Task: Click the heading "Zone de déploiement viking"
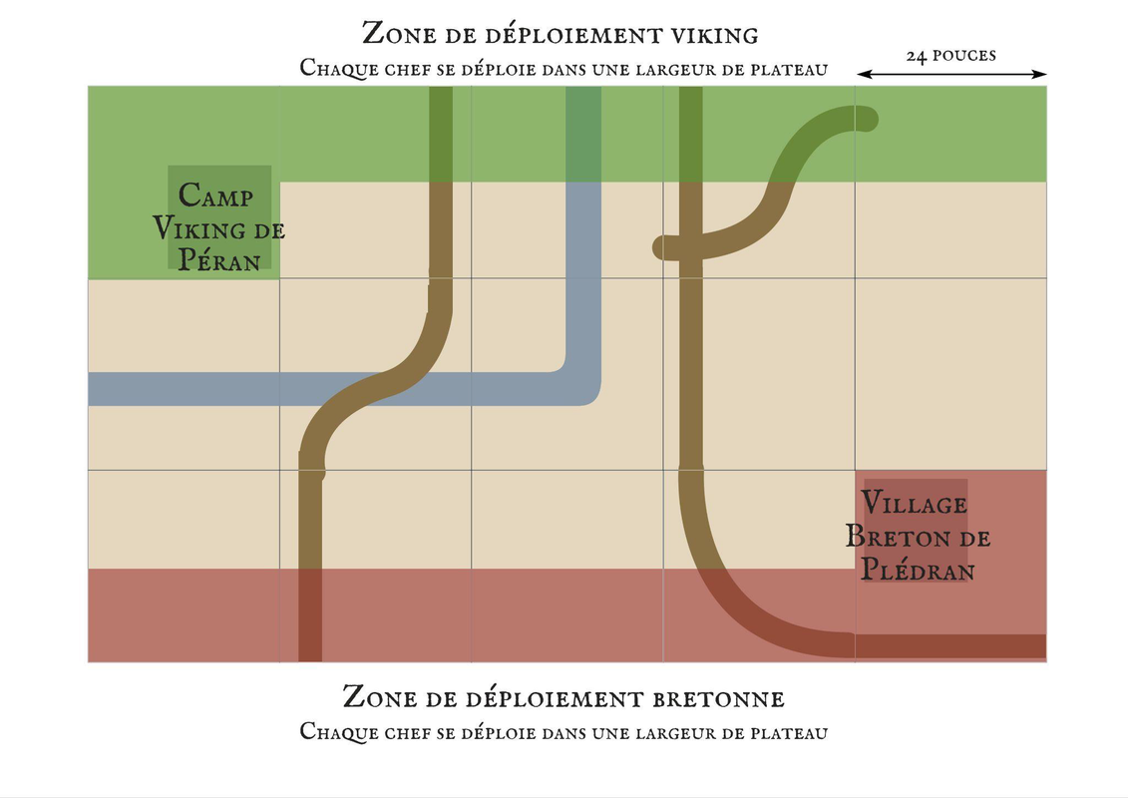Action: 561,34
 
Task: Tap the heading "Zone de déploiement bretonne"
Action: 564,696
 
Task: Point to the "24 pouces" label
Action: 950,56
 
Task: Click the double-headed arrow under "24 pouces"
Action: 951,74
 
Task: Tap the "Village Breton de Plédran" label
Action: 918,536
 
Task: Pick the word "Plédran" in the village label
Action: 918,571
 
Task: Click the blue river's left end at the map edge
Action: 92,389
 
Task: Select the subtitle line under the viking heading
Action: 564,69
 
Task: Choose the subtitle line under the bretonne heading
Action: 564,732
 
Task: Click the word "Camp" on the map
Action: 215,194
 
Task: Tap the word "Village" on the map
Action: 915,502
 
